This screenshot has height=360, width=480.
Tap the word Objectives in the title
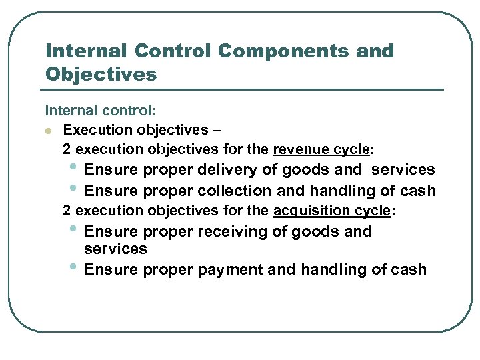[101, 74]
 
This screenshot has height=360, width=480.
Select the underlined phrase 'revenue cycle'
[321, 148]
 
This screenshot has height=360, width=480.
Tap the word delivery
[229, 170]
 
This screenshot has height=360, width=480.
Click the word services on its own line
[115, 249]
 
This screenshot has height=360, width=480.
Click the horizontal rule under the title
[244, 89]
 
